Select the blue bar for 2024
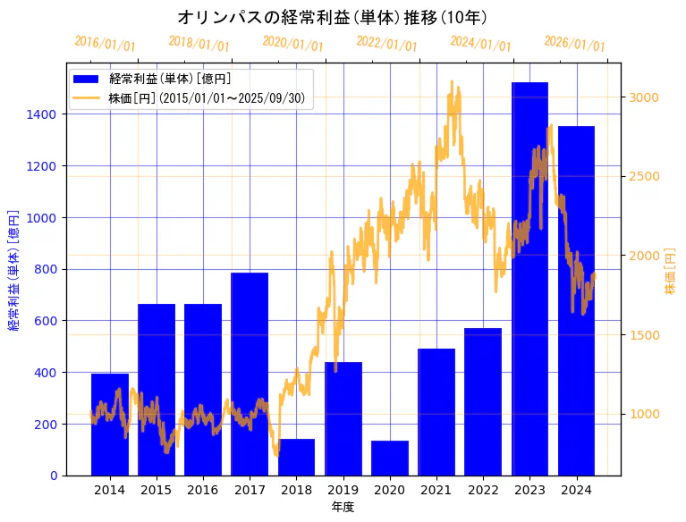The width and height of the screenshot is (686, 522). pos(576,300)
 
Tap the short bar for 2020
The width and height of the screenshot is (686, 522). pos(390,458)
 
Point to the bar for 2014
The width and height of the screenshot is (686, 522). pos(110,425)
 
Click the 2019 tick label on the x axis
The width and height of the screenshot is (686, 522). pos(343,489)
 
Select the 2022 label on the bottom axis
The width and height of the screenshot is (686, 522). pos(483,489)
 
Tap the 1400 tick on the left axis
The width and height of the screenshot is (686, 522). pos(45,114)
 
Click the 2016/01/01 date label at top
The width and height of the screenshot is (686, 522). pos(105,44)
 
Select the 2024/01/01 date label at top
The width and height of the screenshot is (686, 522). pos(480,44)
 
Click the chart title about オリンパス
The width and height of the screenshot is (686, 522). pos(332,17)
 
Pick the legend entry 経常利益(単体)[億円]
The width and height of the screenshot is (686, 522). pos(170,79)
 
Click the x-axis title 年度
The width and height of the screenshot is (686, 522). pos(343,507)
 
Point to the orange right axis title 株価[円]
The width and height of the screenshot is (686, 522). pos(670,272)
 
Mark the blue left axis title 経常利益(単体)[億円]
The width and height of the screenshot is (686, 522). pos(13,270)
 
